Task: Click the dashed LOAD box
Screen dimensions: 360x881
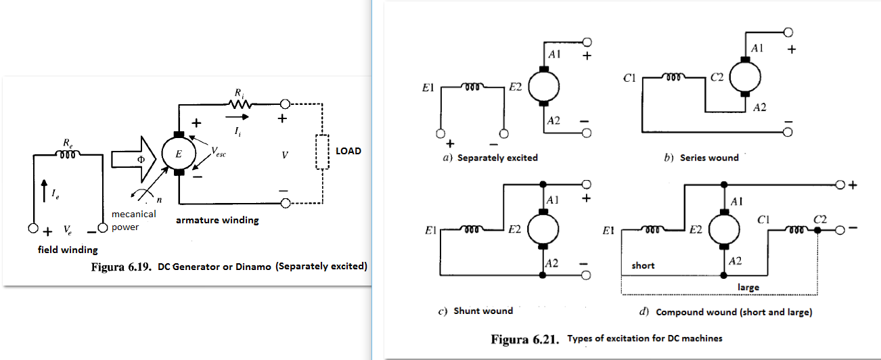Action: [x=321, y=150]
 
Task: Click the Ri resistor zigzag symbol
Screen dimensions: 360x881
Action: [x=242, y=105]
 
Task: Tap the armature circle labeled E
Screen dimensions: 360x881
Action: [x=179, y=154]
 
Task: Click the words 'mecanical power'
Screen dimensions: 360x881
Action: [x=133, y=221]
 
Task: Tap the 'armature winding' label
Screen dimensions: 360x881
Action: [x=217, y=220]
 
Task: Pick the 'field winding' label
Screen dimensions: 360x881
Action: [x=68, y=250]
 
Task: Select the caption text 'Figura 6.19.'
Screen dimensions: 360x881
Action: [x=120, y=267]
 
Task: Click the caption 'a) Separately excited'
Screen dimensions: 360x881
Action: [x=491, y=158]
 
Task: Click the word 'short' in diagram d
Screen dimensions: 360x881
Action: [x=643, y=265]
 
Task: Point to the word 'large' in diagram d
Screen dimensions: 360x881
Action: [x=748, y=287]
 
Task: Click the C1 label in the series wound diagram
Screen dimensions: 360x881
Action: [x=628, y=78]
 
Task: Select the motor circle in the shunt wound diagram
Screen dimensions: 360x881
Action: [x=543, y=227]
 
